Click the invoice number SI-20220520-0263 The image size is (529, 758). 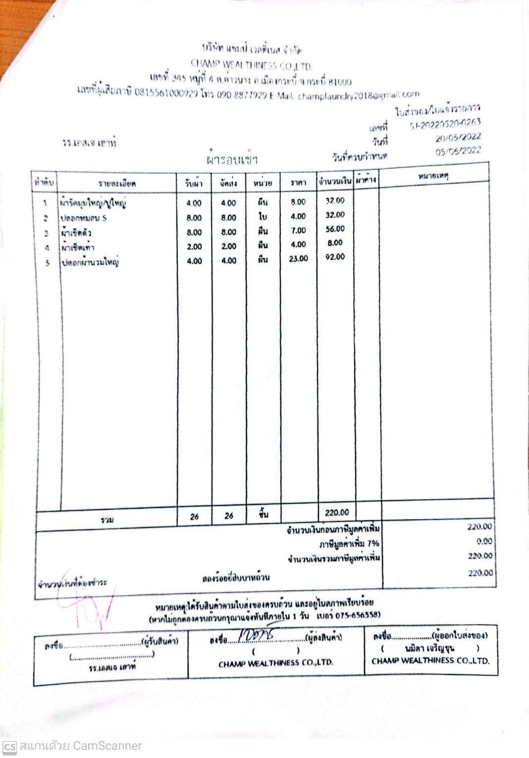tap(445, 124)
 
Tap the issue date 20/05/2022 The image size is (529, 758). tap(458, 138)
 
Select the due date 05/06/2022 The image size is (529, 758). tap(458, 151)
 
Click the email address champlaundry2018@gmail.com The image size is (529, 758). tap(359, 95)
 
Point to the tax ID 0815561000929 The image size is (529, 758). tap(166, 93)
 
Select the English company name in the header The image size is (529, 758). tap(251, 65)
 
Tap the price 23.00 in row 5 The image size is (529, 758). tap(298, 259)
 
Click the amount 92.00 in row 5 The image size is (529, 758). tap(335, 257)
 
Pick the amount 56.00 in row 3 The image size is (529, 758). tap(335, 229)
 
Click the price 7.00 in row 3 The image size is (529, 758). tap(298, 231)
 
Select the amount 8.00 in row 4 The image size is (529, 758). tap(335, 243)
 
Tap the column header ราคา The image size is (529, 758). tap(298, 183)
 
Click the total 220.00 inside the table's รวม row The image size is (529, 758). tap(337, 513)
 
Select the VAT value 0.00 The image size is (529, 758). tap(484, 541)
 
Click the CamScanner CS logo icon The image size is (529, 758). tap(9, 746)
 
